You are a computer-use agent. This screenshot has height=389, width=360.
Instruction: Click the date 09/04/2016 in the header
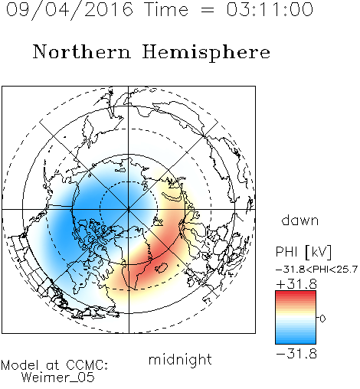pyautogui.click(x=70, y=10)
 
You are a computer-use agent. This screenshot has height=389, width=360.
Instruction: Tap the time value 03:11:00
pyautogui.click(x=270, y=9)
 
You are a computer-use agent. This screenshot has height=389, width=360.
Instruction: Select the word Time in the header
pyautogui.click(x=166, y=9)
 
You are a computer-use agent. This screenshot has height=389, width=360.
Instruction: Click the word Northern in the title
pyautogui.click(x=82, y=51)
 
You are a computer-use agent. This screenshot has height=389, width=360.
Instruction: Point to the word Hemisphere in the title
pyautogui.click(x=206, y=53)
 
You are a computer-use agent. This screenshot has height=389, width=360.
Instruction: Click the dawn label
pyautogui.click(x=300, y=220)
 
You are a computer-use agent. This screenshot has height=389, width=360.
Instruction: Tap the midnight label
pyautogui.click(x=180, y=359)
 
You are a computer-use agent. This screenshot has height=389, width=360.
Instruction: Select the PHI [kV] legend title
pyautogui.click(x=303, y=252)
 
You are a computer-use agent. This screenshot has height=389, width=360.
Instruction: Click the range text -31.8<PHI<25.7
pyautogui.click(x=316, y=270)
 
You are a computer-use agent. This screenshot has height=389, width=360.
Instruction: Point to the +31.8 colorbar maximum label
pyautogui.click(x=296, y=284)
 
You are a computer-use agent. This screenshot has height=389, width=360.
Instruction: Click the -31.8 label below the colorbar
pyautogui.click(x=296, y=354)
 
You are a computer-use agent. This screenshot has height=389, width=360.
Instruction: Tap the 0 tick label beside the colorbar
pyautogui.click(x=322, y=319)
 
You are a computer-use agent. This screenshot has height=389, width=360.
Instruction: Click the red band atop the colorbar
pyautogui.click(x=296, y=294)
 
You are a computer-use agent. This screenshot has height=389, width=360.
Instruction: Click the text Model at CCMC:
pyautogui.click(x=54, y=365)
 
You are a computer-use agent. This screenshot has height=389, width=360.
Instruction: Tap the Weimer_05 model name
pyautogui.click(x=58, y=377)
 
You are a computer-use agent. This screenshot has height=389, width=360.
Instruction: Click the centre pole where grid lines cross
pyautogui.click(x=129, y=209)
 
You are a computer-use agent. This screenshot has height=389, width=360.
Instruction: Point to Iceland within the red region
pyautogui.click(x=162, y=267)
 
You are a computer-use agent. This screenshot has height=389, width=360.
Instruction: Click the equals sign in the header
pyautogui.click(x=208, y=10)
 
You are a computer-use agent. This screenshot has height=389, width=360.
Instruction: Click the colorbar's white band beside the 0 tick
pyautogui.click(x=296, y=318)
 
